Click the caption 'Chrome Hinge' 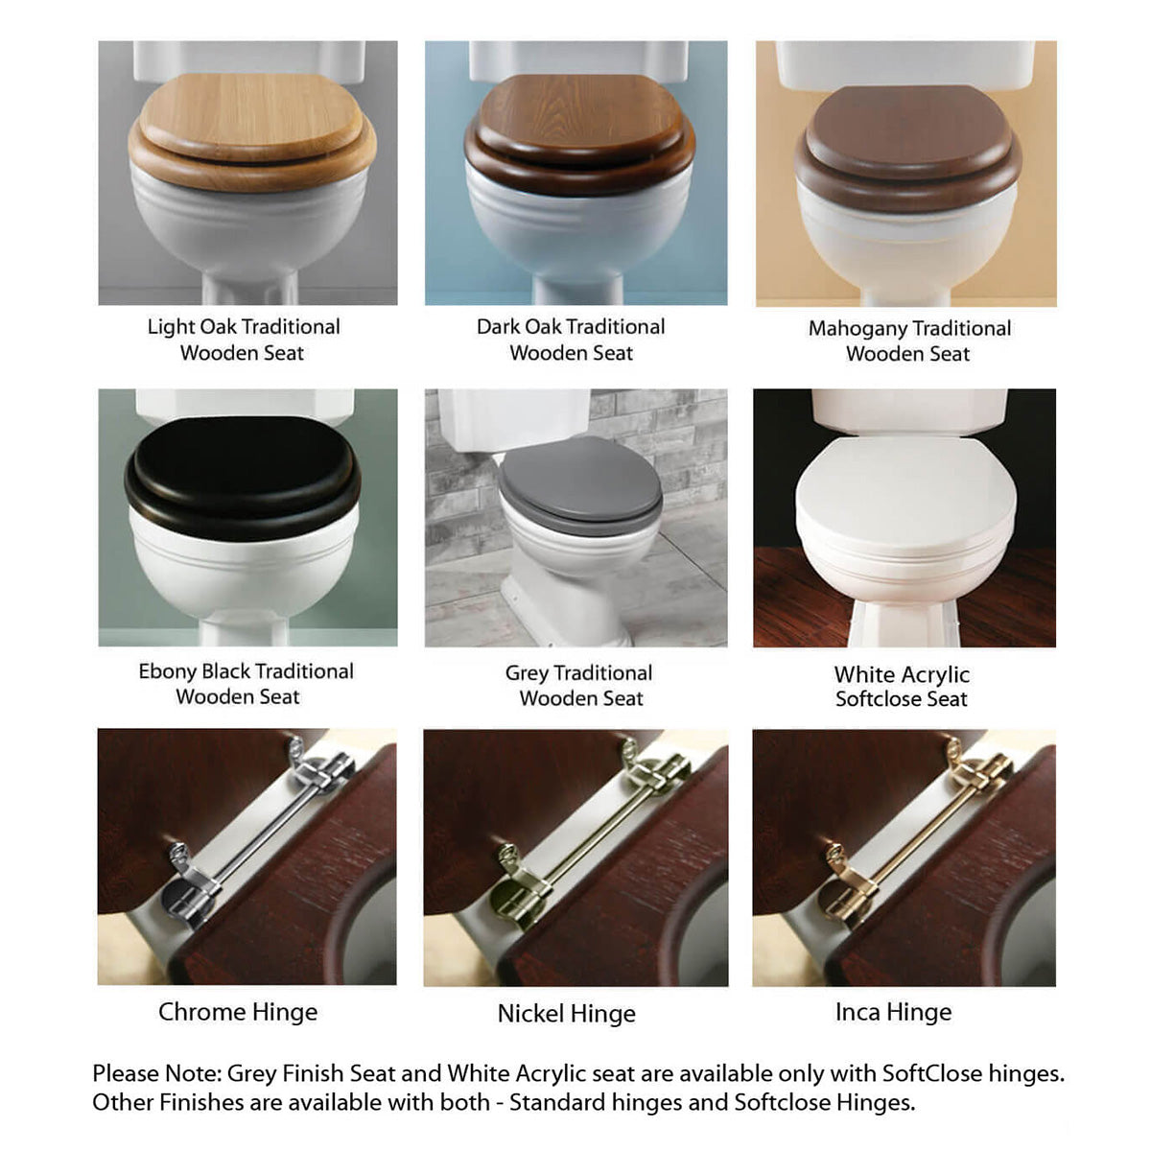point(238,1012)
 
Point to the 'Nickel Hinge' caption point(566,1014)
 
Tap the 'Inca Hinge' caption point(893,1012)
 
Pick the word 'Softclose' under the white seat point(878,699)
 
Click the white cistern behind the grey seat point(480,419)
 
